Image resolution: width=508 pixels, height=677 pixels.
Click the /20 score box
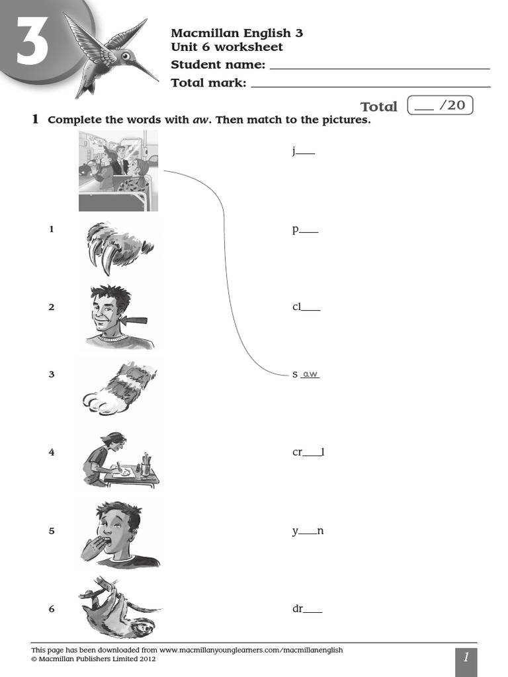point(441,105)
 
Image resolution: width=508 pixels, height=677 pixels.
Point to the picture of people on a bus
point(118,170)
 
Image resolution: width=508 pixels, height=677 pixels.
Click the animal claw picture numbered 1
point(119,247)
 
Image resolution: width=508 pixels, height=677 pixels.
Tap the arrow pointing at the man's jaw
point(135,321)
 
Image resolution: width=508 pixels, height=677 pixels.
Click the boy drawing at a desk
point(119,459)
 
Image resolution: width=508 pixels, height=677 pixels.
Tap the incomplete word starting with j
point(303,151)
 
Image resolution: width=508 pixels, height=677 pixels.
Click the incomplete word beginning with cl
point(306,307)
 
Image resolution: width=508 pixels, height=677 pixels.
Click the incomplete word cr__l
point(308,452)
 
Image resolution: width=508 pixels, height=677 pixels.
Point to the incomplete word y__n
point(308,531)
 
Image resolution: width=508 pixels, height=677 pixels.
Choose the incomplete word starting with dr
point(307,609)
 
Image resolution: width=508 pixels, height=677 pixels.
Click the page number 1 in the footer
point(466,658)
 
